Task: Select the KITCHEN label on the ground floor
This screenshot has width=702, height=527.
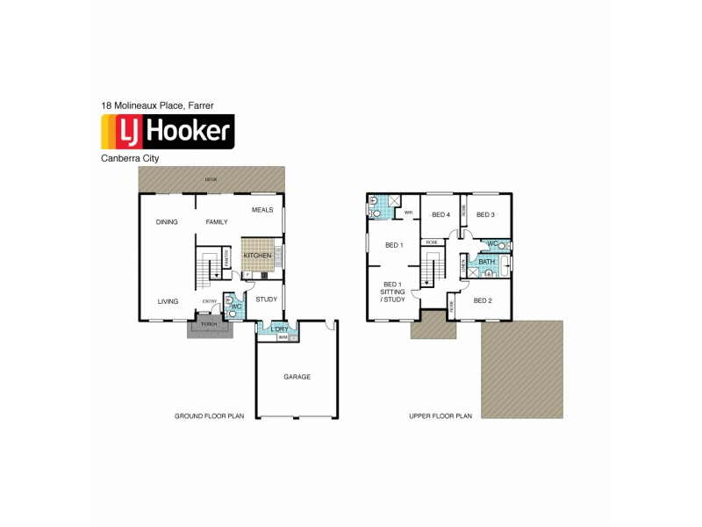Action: [257, 255]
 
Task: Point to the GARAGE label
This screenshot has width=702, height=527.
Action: [297, 377]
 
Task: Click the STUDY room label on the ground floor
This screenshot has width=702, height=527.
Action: [266, 300]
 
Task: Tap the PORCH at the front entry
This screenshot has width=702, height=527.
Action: [209, 323]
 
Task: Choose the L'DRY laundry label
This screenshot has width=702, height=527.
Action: [279, 329]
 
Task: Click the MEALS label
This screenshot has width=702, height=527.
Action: [262, 210]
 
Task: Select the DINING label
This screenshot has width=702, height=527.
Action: [167, 222]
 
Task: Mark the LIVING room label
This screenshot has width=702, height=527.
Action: [168, 301]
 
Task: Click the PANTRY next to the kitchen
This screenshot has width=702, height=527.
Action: [226, 257]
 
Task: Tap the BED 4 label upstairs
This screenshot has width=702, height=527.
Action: [441, 214]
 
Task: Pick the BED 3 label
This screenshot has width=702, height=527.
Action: [486, 214]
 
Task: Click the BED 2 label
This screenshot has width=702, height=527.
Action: [484, 300]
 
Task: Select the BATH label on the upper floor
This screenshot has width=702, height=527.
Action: [486, 262]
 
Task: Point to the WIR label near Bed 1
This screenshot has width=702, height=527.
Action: [408, 212]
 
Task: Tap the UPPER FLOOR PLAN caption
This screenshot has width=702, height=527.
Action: [441, 416]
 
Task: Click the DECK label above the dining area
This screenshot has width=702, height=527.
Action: [211, 179]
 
